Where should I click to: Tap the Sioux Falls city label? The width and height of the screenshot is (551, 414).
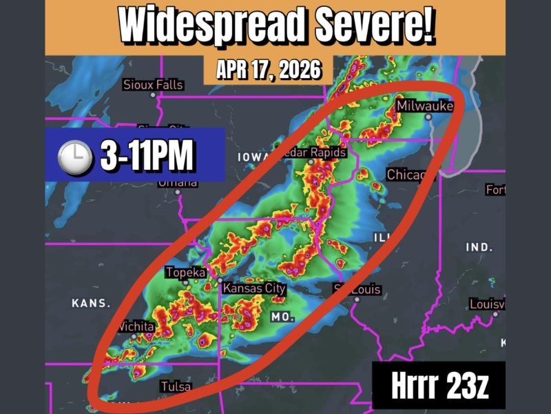(153, 85)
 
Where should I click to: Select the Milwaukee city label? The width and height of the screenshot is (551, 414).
(424, 106)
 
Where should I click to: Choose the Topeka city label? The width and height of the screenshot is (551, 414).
(185, 273)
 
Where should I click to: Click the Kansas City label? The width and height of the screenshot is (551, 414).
(255, 288)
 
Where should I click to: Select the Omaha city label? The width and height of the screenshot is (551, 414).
(178, 183)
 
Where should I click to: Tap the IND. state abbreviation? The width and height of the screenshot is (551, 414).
(479, 247)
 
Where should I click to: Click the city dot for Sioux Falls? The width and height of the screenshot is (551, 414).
(153, 95)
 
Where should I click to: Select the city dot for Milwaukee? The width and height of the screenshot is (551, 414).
(428, 117)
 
